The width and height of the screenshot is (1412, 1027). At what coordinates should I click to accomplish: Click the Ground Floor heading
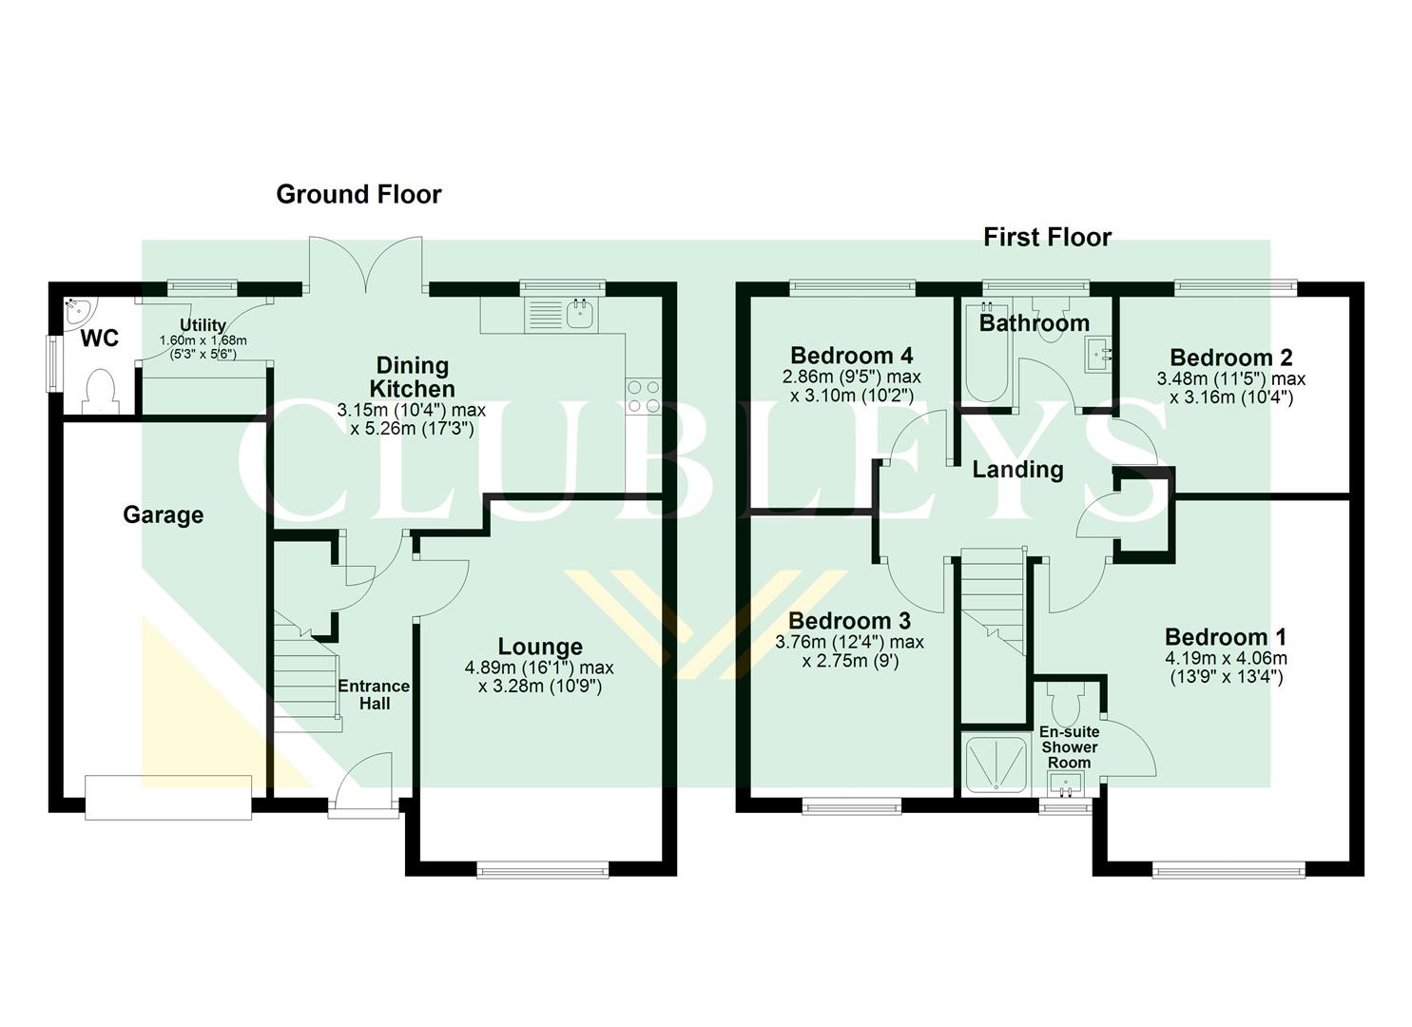pos(358,194)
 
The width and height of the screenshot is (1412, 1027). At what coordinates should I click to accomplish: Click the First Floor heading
pos(1047,237)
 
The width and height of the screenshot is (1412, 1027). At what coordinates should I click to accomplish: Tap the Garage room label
pos(164,515)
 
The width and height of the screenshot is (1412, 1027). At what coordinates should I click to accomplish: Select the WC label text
pos(99,339)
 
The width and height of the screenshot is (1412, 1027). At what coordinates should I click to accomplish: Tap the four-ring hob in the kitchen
pos(643,396)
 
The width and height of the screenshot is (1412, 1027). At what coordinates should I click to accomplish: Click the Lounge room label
pos(540,647)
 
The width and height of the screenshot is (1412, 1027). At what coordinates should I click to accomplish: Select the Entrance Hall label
pos(374,694)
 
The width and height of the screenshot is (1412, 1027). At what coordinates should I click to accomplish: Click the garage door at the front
pos(168,797)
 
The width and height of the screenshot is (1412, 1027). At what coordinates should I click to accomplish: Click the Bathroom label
pos(1034,323)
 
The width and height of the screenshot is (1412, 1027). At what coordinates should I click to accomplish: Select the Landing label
pos(1017,469)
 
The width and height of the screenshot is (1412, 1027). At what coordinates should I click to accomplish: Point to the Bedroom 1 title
pos(1226,637)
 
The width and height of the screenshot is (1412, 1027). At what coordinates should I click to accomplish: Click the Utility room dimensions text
pos(203,347)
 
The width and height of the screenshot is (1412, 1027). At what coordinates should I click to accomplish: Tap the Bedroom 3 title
pos(848,621)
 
